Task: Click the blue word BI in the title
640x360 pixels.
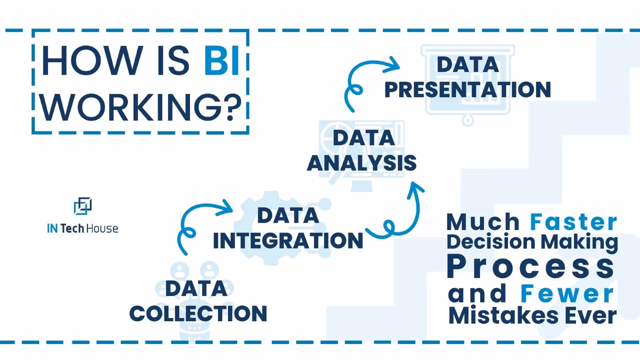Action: pyautogui.click(x=222, y=61)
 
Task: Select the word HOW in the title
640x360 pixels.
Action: pyautogui.click(x=92, y=61)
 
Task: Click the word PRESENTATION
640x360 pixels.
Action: pyautogui.click(x=467, y=90)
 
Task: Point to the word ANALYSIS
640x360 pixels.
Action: pyautogui.click(x=362, y=163)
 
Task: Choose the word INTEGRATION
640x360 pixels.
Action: pyautogui.click(x=288, y=241)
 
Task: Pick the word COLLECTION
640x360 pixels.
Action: pyautogui.click(x=198, y=314)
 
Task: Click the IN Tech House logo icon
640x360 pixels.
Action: pyautogui.click(x=83, y=206)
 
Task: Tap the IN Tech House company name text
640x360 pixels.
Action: pyautogui.click(x=83, y=228)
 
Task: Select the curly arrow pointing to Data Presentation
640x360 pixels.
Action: pyautogui.click(x=366, y=80)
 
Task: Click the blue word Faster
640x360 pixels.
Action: pyautogui.click(x=574, y=222)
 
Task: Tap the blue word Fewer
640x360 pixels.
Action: pyautogui.click(x=567, y=294)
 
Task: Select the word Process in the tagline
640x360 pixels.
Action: pyautogui.click(x=530, y=267)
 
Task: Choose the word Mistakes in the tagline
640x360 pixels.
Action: pyautogui.click(x=503, y=316)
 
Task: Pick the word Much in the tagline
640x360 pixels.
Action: pyautogui.click(x=483, y=222)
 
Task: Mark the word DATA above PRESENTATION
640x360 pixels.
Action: pyautogui.click(x=468, y=65)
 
